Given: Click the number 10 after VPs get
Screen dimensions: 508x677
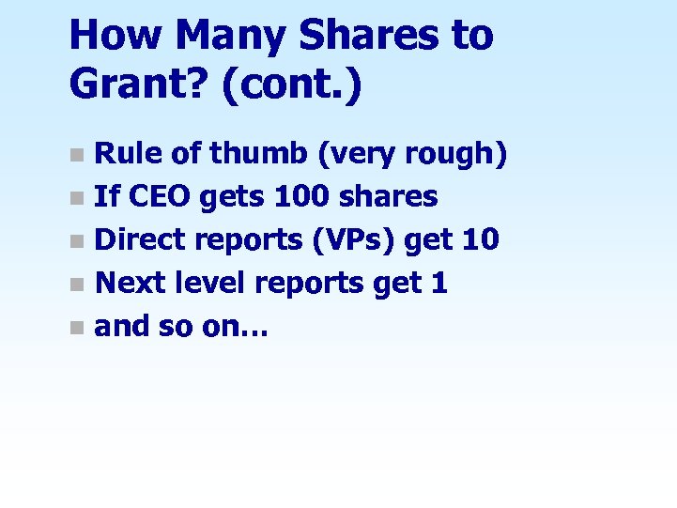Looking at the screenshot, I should click(480, 239).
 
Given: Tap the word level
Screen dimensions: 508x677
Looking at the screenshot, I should click(210, 282).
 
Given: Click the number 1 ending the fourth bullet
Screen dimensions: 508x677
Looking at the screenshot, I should click(439, 282).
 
